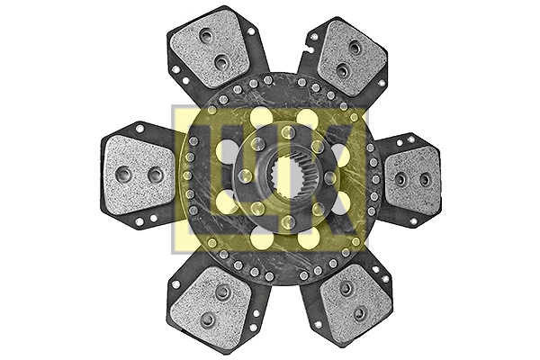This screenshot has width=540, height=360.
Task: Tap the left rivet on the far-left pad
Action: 124,175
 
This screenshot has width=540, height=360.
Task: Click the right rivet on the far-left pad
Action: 155,174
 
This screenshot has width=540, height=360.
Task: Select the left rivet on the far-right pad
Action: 400,179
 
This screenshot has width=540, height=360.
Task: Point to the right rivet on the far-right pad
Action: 425,180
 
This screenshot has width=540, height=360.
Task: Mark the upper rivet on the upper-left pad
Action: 207,37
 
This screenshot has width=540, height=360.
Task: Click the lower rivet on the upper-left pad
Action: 221,62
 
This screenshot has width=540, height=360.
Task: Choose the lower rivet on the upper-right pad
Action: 342,69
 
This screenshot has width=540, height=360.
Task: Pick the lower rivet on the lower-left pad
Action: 207,319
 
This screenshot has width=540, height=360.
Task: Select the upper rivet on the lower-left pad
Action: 221,292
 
